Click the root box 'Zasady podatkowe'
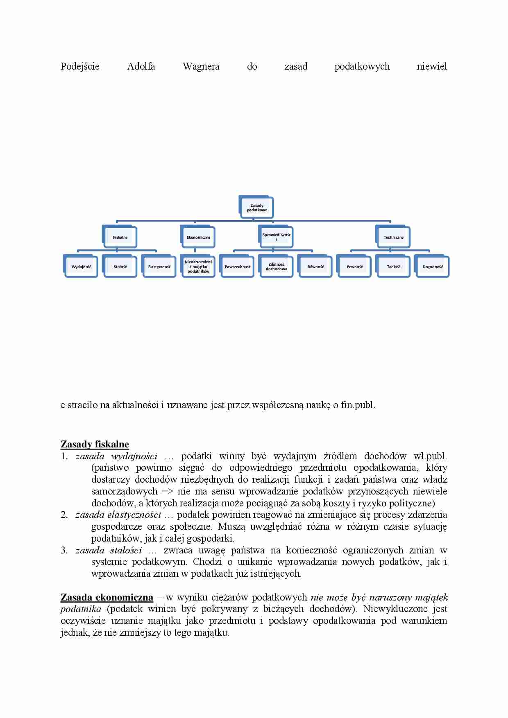pyautogui.click(x=257, y=208)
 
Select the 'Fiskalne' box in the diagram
pyautogui.click(x=120, y=237)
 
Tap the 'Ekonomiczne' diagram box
pyautogui.click(x=198, y=237)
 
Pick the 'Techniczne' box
pyautogui.click(x=393, y=237)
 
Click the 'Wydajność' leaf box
pyautogui.click(x=81, y=267)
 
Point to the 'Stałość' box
pyautogui.click(x=120, y=267)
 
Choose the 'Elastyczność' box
pyautogui.click(x=159, y=267)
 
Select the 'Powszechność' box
pyautogui.click(x=237, y=267)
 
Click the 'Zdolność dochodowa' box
pyautogui.click(x=277, y=267)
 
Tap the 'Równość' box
pyautogui.click(x=315, y=267)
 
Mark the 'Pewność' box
pyautogui.click(x=354, y=267)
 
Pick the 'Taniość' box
pyautogui.click(x=393, y=267)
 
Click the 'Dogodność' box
pyautogui.click(x=433, y=267)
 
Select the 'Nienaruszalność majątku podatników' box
pyautogui.click(x=198, y=266)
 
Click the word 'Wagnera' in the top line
pyautogui.click(x=201, y=67)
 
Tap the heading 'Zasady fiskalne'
pyautogui.click(x=95, y=445)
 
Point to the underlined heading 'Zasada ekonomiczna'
pyautogui.click(x=107, y=598)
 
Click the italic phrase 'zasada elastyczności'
pyautogui.click(x=118, y=515)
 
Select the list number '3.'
pyautogui.click(x=64, y=551)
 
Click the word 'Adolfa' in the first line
pyautogui.click(x=141, y=67)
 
